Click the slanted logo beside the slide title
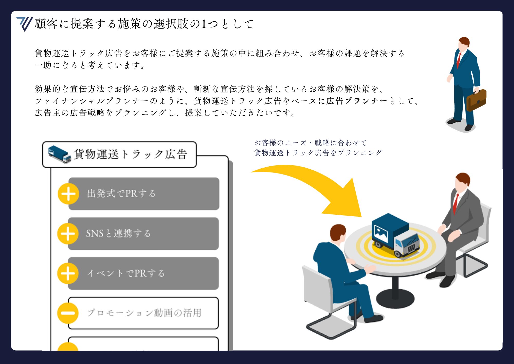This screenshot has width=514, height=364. [x=25, y=24]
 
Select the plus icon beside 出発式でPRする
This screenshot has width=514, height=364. [x=68, y=194]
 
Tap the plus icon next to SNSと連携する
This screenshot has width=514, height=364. [x=68, y=234]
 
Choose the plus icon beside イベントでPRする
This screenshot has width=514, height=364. [x=68, y=273]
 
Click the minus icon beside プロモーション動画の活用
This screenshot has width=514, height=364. [x=68, y=313]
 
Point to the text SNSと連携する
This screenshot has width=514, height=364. [x=118, y=233]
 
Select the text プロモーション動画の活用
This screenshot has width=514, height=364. [x=144, y=313]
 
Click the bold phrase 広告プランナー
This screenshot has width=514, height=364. [x=357, y=101]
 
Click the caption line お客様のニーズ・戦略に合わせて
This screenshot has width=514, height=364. [x=310, y=143]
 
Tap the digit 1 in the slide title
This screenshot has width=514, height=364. [x=204, y=24]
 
